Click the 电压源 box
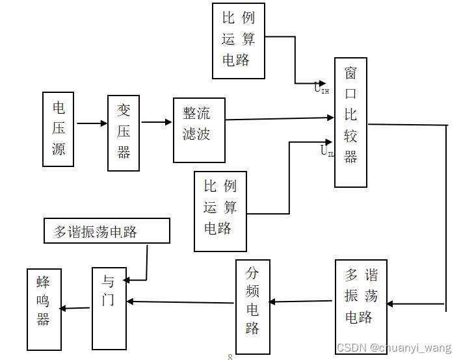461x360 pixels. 59,129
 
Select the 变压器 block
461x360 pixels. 124,133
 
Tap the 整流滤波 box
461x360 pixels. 199,130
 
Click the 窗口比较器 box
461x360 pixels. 350,122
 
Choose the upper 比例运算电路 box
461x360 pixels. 239,40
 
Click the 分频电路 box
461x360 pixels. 252,299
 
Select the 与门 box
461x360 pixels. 109,308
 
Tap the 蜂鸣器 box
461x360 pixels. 44,309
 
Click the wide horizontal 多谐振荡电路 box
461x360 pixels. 107,231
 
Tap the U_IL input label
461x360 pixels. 326,151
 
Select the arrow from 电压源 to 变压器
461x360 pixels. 92,123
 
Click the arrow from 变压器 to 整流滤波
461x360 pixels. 156,122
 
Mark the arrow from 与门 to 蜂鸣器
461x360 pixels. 77,308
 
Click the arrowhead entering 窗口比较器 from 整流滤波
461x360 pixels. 330,118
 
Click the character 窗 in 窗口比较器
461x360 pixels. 350,71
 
